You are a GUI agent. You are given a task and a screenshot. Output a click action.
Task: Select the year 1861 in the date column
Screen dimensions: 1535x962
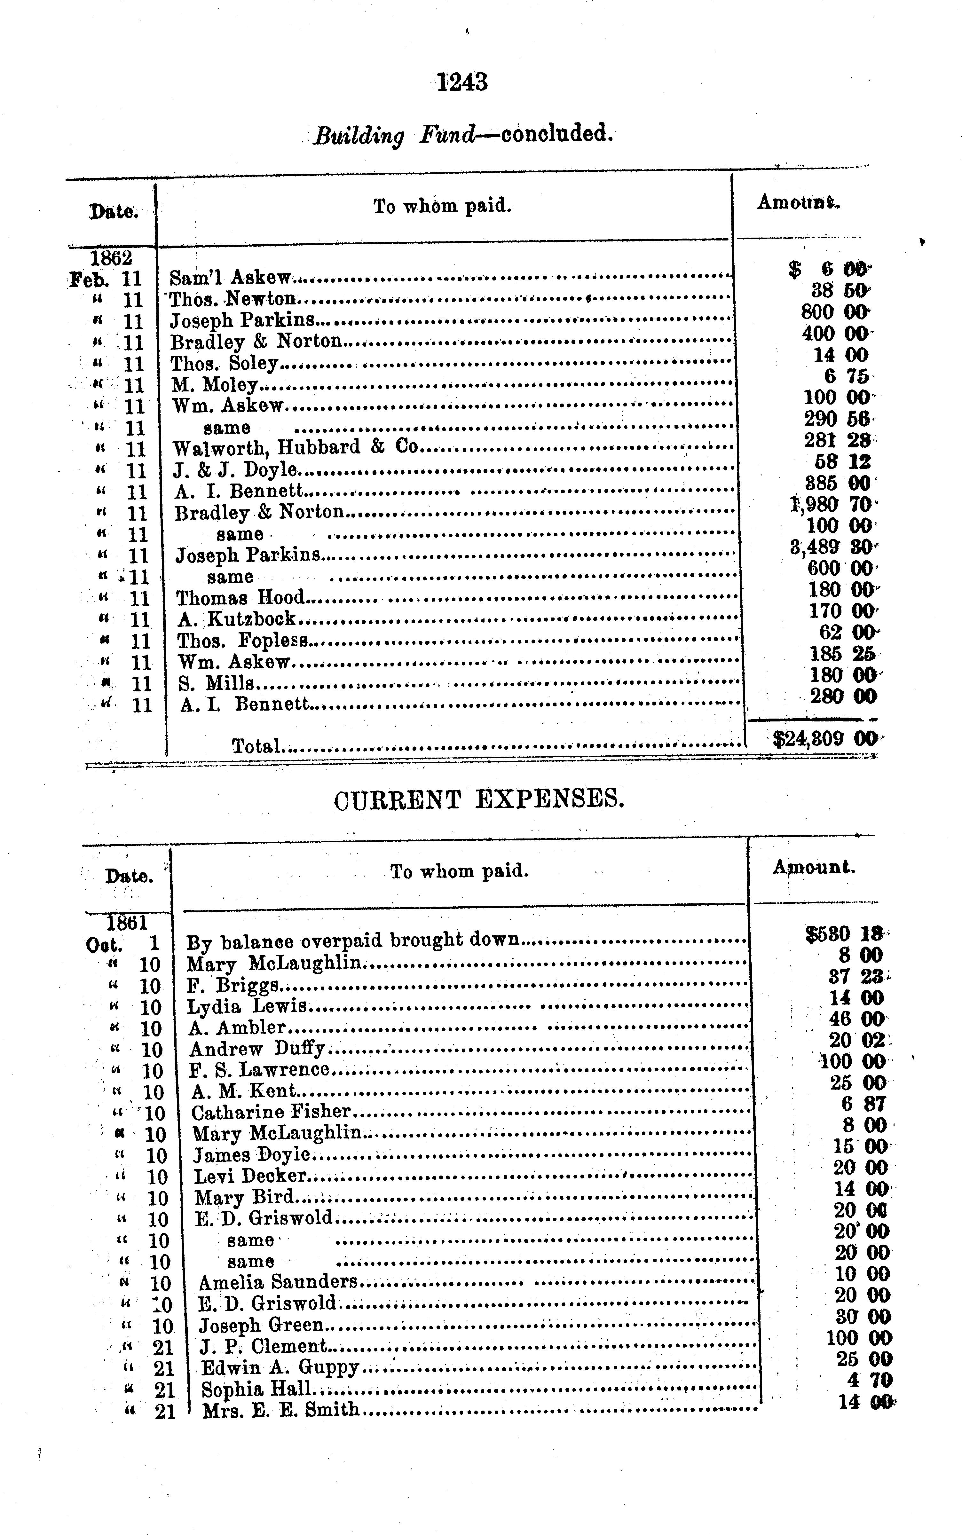[127, 922]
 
